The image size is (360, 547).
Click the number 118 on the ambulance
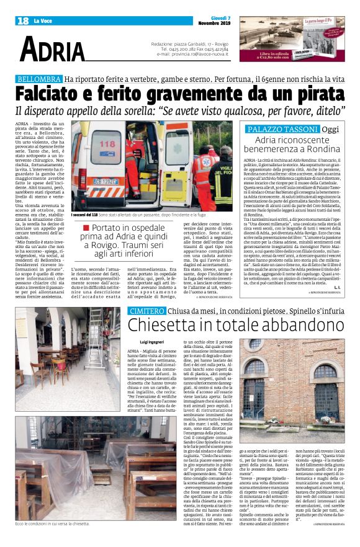click(99, 143)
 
